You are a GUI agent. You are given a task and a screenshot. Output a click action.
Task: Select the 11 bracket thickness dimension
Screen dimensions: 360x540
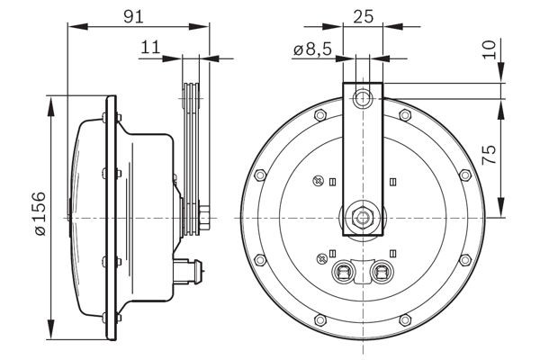(150, 49)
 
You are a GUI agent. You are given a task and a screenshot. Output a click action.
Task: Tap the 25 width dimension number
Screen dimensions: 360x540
(364, 15)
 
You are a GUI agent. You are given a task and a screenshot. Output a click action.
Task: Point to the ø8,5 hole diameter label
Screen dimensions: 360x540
(310, 52)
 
